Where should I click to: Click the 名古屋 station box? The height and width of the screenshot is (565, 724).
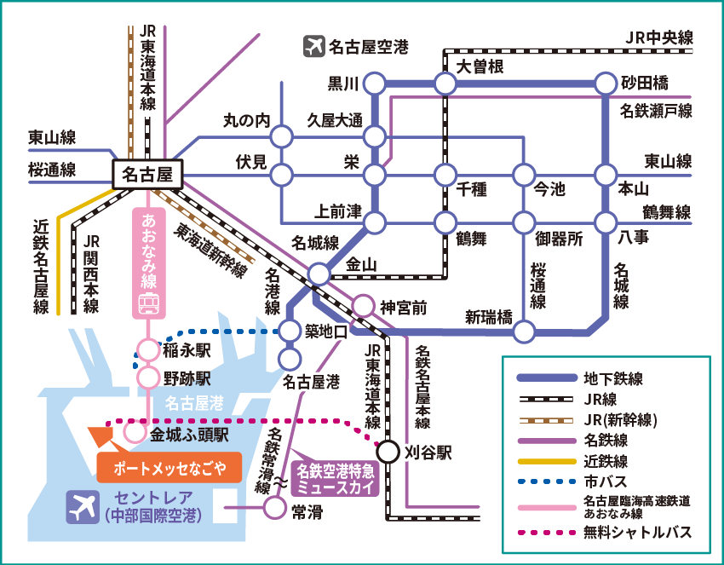(x=148, y=175)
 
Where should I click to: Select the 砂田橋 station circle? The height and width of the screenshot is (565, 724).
(x=605, y=84)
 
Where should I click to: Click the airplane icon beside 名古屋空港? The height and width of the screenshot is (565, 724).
(x=314, y=46)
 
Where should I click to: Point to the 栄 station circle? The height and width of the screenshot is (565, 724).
(x=374, y=176)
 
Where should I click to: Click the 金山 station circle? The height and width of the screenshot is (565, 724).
(x=319, y=274)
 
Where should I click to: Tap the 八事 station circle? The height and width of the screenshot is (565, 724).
(x=605, y=223)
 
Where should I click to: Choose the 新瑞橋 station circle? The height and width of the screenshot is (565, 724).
(x=526, y=331)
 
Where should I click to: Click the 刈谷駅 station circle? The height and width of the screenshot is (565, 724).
(x=389, y=453)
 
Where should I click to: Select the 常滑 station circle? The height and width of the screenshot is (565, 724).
(x=274, y=509)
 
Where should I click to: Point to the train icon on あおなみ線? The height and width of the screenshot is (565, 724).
(x=150, y=301)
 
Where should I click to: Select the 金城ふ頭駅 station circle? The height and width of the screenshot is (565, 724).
(x=135, y=433)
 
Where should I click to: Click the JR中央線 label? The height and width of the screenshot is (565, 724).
(x=658, y=37)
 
